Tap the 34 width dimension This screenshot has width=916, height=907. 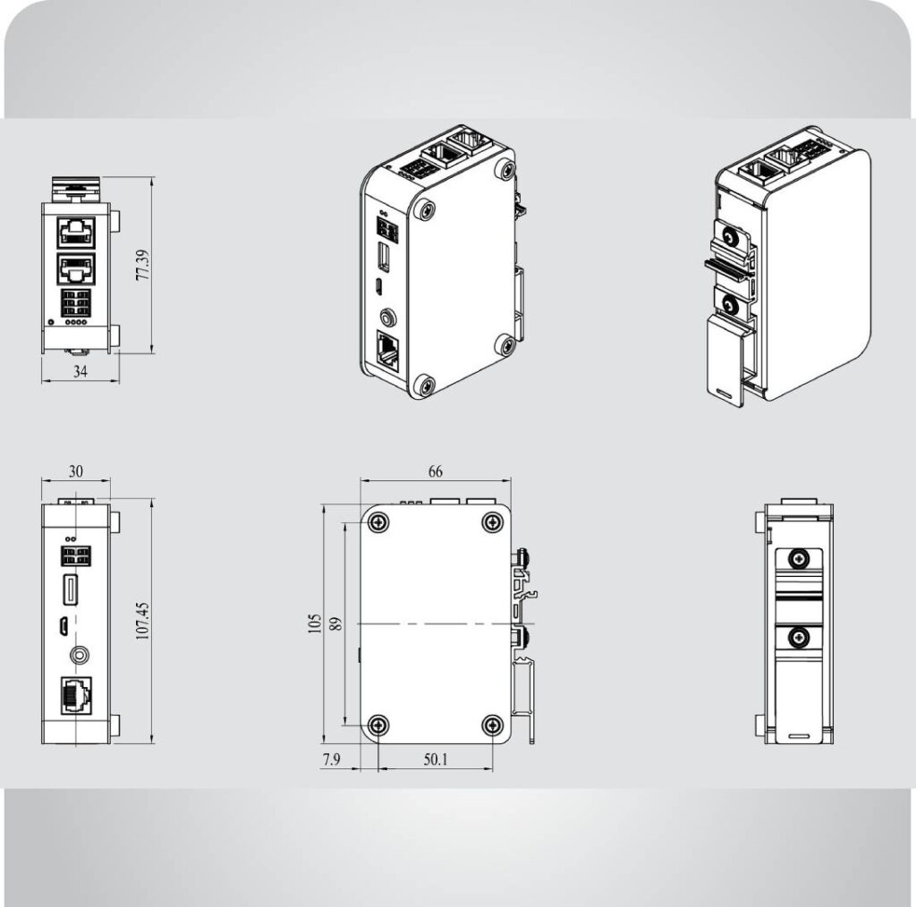pyautogui.click(x=81, y=372)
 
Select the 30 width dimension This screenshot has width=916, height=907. pyautogui.click(x=76, y=471)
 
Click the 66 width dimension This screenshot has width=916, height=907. pyautogui.click(x=435, y=471)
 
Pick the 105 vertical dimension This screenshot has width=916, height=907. pyautogui.click(x=314, y=623)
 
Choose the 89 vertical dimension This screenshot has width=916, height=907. pyautogui.click(x=336, y=623)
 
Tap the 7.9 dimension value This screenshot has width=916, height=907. pyautogui.click(x=332, y=760)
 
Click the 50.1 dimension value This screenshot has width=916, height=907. pyautogui.click(x=436, y=760)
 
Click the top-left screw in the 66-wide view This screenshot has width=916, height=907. pyautogui.click(x=379, y=521)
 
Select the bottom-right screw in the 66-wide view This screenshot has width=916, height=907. pyautogui.click(x=492, y=725)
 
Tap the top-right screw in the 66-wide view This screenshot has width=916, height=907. pyautogui.click(x=492, y=521)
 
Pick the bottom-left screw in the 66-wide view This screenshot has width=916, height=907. pyautogui.click(x=379, y=725)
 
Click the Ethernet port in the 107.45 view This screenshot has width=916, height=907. pyautogui.click(x=77, y=695)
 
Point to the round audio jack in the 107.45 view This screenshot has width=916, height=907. pyautogui.click(x=78, y=655)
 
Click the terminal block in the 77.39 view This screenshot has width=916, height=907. pyautogui.click(x=77, y=305)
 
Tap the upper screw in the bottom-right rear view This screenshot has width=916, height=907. pyautogui.click(x=797, y=558)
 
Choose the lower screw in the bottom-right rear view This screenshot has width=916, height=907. pyautogui.click(x=797, y=637)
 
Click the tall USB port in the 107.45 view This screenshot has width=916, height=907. pyautogui.click(x=69, y=592)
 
